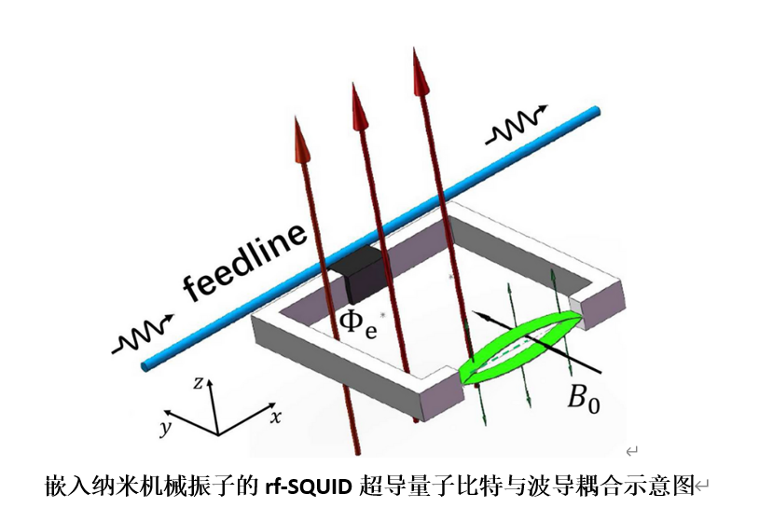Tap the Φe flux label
pyautogui.click(x=357, y=324)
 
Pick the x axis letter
pyautogui.click(x=275, y=418)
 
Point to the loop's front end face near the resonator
pyautogui.click(x=444, y=399)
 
